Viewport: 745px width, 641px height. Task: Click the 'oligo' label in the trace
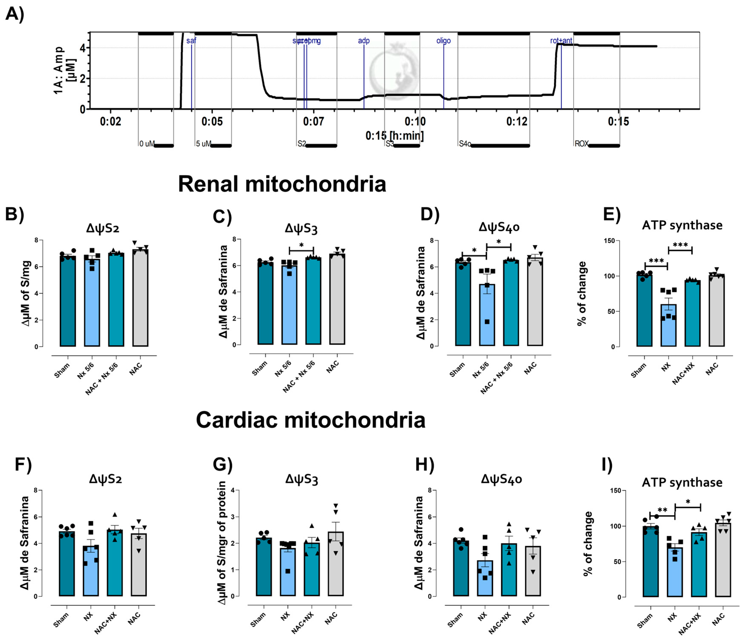click(443, 41)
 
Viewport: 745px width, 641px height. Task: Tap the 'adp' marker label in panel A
click(363, 41)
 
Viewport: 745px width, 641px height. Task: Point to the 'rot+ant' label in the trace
click(561, 41)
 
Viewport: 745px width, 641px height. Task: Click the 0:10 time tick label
click(415, 121)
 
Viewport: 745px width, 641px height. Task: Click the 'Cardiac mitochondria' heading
click(310, 420)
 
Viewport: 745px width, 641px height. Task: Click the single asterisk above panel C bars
click(301, 245)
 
